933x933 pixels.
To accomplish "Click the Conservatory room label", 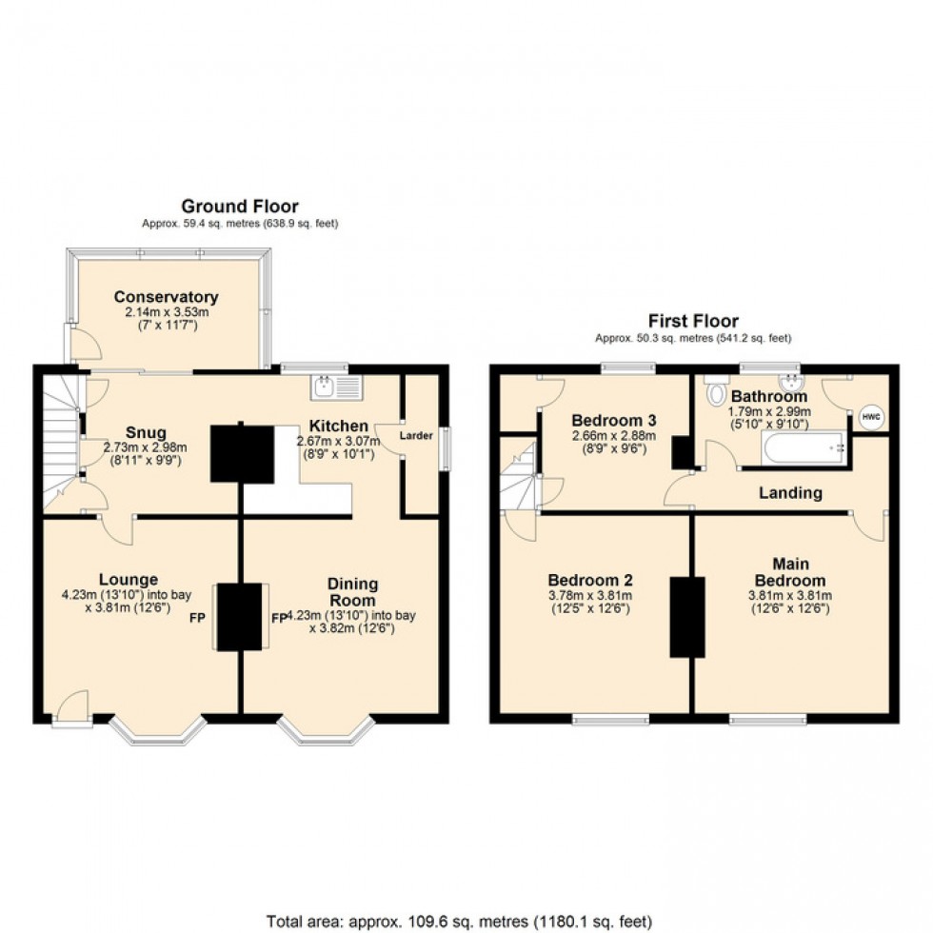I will (x=166, y=297).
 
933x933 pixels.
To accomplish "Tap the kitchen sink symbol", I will (x=335, y=387).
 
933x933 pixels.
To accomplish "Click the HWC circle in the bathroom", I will (x=870, y=416).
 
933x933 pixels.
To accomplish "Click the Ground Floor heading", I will (x=239, y=207).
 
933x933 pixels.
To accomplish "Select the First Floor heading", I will (x=693, y=321).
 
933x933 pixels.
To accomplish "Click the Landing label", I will (x=790, y=493).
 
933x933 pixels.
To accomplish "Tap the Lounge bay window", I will (x=157, y=731).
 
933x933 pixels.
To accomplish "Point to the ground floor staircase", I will (x=59, y=438).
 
